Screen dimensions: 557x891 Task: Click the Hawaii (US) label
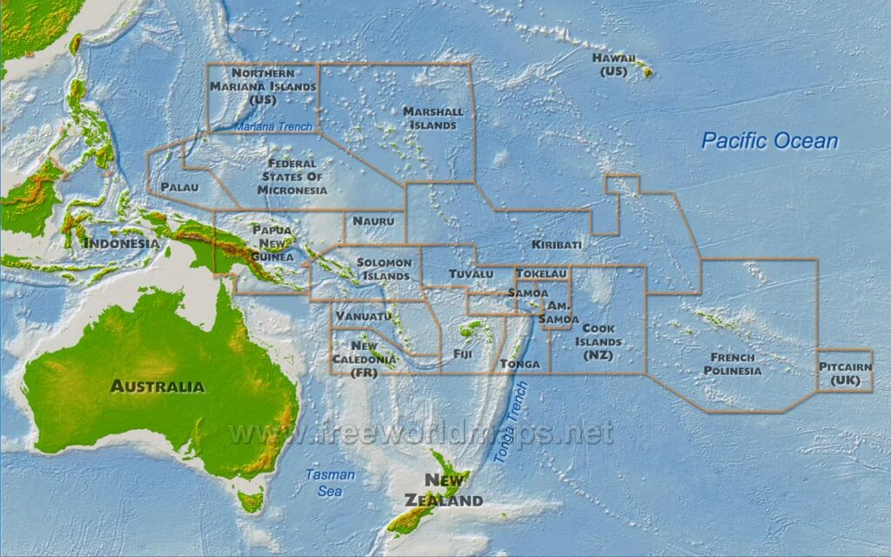point(613,64)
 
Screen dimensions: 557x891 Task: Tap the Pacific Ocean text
point(769,141)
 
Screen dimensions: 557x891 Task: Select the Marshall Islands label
point(432,118)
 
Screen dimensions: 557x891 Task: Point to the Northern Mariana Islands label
point(263,86)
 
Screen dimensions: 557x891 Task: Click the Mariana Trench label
point(273,127)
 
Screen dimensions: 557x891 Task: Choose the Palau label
point(179,187)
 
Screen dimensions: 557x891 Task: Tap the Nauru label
point(375,223)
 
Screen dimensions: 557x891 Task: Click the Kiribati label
point(556,245)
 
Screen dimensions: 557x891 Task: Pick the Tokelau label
point(541,273)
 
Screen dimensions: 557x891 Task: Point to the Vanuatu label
point(363,315)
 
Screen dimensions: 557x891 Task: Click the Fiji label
point(462,354)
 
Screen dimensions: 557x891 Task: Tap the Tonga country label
point(520,364)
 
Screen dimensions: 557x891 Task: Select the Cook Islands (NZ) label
point(599,341)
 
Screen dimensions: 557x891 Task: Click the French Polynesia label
point(732,364)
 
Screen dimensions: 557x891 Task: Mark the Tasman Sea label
point(330,482)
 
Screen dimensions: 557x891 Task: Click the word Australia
point(157,386)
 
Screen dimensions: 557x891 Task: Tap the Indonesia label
point(120,243)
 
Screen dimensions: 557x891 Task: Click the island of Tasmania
point(251,500)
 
